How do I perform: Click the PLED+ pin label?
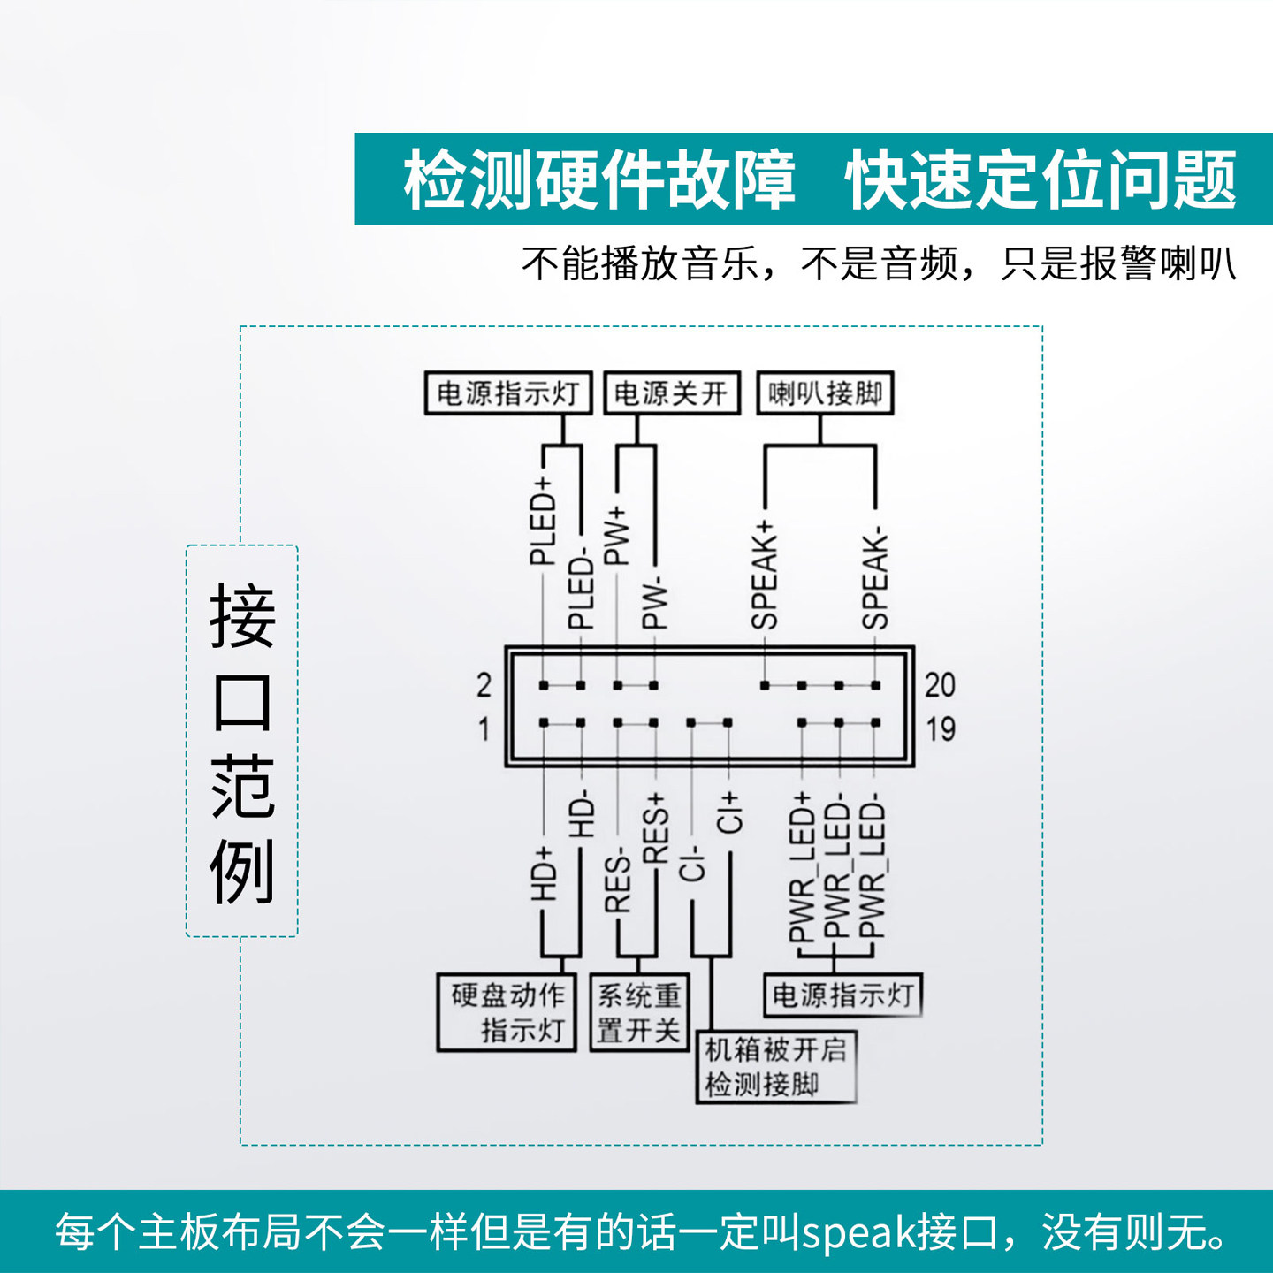(x=542, y=522)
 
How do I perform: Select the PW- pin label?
(x=653, y=605)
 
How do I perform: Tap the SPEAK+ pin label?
(x=765, y=576)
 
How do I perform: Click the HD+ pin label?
(x=542, y=874)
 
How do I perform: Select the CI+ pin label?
(x=728, y=812)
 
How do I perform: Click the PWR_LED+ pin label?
(x=801, y=867)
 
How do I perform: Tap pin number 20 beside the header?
(x=940, y=685)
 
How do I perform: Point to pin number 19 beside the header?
(x=940, y=729)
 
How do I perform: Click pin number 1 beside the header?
(x=484, y=729)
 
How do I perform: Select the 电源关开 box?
(x=672, y=393)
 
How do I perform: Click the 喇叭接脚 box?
(x=826, y=393)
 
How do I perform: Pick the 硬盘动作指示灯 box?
(x=507, y=1012)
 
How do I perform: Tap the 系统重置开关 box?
(x=638, y=1012)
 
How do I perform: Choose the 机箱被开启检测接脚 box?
(x=776, y=1067)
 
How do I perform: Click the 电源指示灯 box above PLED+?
(x=508, y=393)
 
